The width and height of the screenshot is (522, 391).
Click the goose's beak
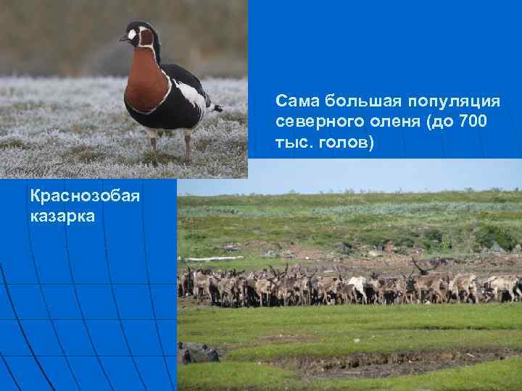124,38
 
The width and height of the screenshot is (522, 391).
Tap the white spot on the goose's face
132,33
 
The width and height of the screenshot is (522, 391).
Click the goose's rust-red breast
146,83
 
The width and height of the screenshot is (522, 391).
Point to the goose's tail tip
216,109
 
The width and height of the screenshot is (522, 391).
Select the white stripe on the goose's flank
190,95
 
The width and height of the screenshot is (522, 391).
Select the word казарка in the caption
62,216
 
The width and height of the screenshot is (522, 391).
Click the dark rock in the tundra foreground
199,353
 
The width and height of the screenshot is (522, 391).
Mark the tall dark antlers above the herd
419,266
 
